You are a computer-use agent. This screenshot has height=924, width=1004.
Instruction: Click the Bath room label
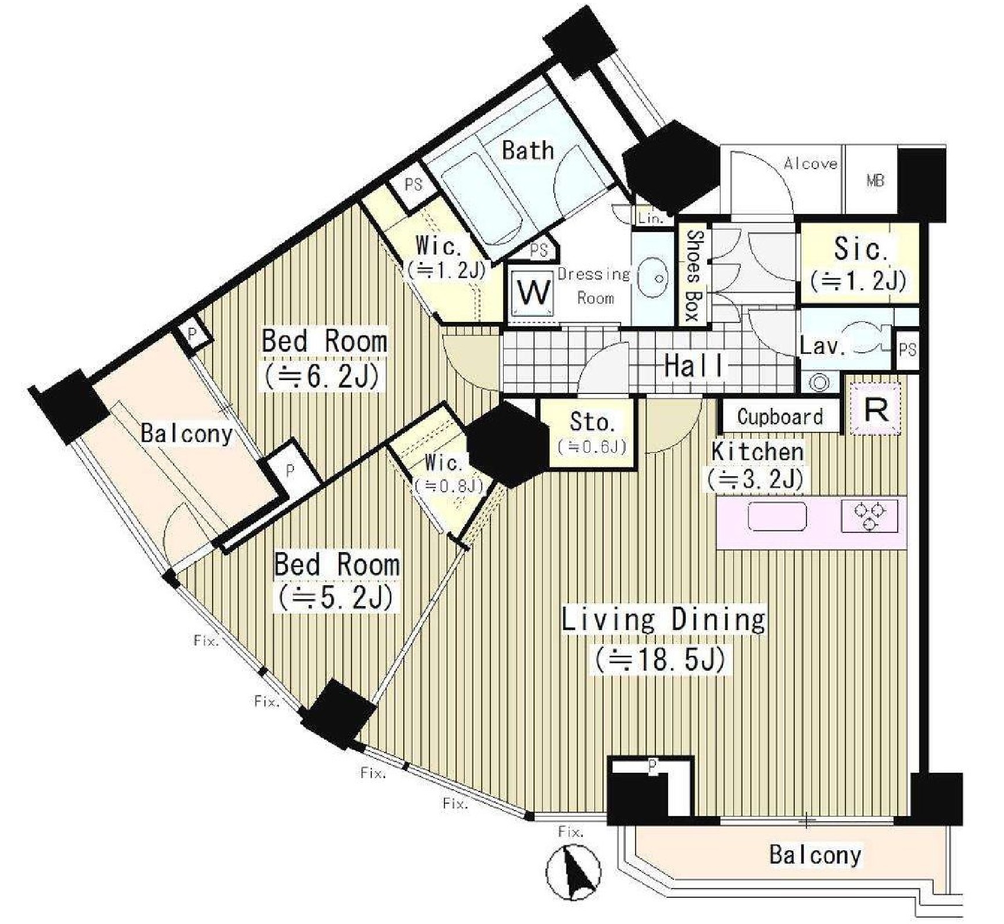coord(528,151)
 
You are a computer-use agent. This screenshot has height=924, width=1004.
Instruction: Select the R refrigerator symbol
coord(876,409)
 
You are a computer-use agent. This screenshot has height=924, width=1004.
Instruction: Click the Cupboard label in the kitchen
coord(780,417)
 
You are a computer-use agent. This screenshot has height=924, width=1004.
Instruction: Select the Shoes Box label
coord(694,275)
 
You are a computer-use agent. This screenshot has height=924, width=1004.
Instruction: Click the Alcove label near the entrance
coord(811,164)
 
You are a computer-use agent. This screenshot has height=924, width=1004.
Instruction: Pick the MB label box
coord(876,181)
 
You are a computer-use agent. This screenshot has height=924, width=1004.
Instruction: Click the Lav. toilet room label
coord(822,346)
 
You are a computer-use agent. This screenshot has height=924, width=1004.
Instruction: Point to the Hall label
coord(694,366)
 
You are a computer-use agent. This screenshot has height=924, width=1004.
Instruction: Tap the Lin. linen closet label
coord(650,219)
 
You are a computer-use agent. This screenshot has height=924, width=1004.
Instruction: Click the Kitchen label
coord(757,452)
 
